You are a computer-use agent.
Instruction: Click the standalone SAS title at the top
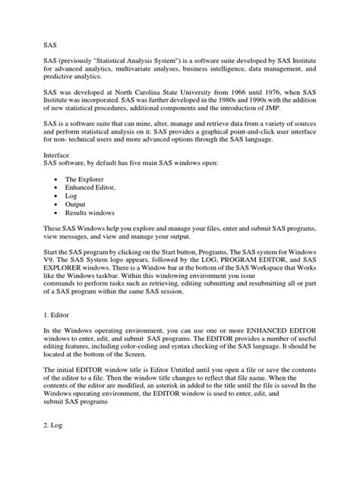click(x=50, y=44)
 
